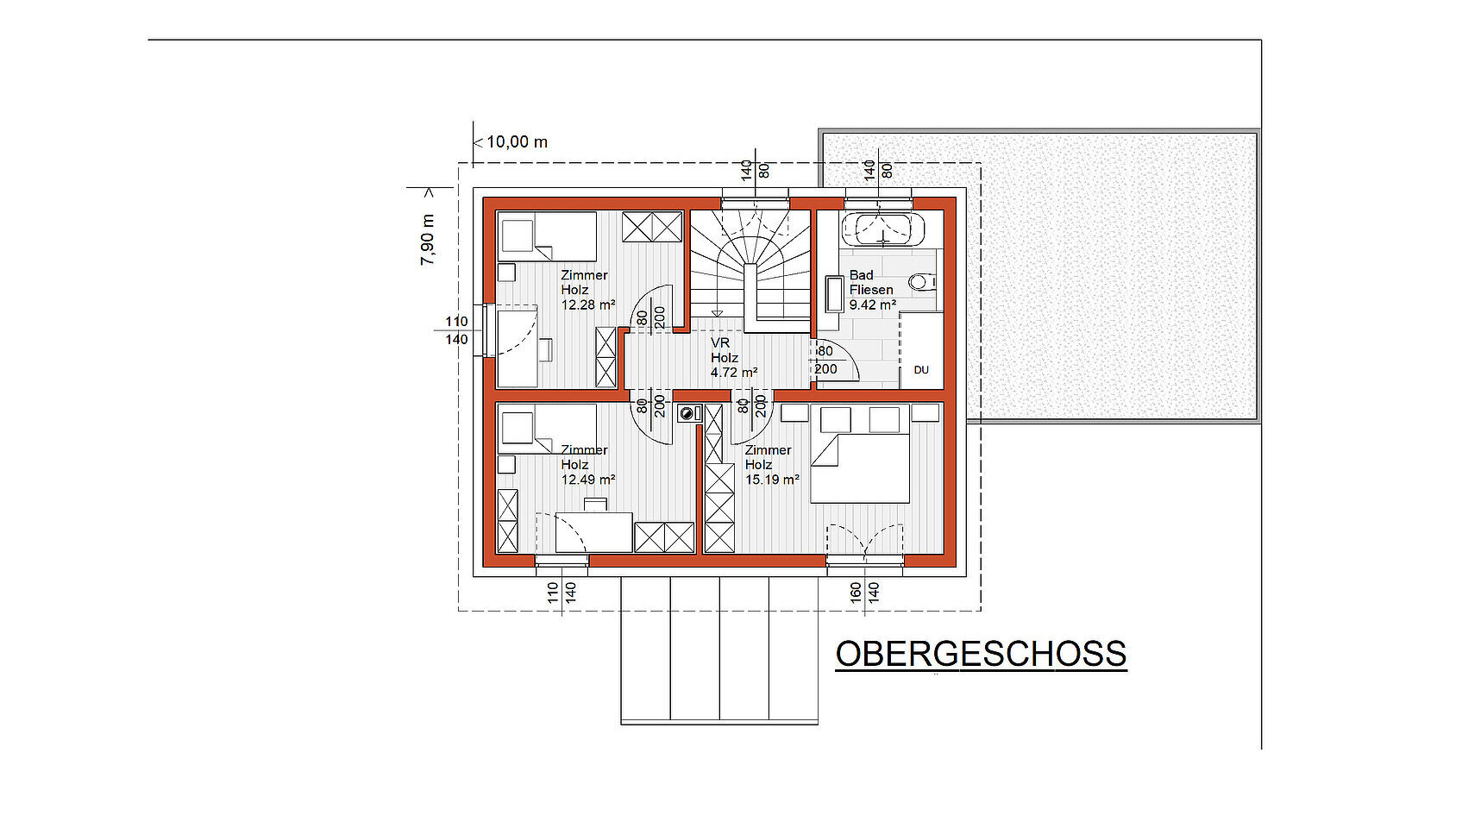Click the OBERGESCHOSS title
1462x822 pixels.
(981, 654)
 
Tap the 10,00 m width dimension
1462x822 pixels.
(517, 141)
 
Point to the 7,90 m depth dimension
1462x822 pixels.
(428, 240)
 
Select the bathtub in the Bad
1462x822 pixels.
(882, 229)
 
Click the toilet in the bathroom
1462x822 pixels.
(922, 282)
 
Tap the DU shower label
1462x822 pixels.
(921, 370)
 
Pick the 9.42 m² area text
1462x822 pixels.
(873, 304)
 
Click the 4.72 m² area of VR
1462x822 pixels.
(734, 373)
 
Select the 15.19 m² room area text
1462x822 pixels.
(772, 480)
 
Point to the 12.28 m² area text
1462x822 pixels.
(588, 304)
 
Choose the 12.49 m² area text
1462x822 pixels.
(588, 480)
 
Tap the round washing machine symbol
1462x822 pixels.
(686, 413)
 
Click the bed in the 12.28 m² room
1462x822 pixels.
(547, 236)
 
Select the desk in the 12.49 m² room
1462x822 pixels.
(594, 532)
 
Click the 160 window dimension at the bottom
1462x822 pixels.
(856, 593)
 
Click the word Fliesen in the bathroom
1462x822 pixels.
(871, 290)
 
